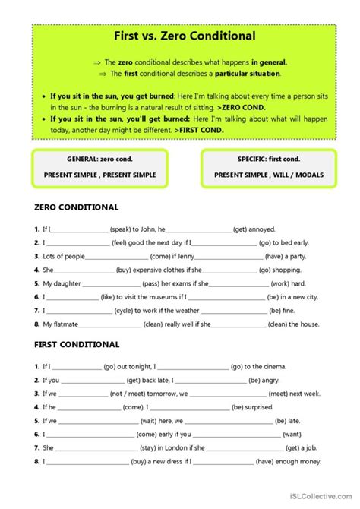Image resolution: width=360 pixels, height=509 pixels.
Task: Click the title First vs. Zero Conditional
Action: (x=180, y=36)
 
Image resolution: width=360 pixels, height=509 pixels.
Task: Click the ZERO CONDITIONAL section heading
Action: (x=77, y=207)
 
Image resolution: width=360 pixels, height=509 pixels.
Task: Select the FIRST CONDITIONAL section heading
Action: (x=77, y=344)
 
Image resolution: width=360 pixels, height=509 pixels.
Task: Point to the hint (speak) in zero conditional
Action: (x=124, y=229)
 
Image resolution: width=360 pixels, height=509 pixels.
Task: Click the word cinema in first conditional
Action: (x=269, y=365)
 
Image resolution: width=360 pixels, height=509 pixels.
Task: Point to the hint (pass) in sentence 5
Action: (x=129, y=283)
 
